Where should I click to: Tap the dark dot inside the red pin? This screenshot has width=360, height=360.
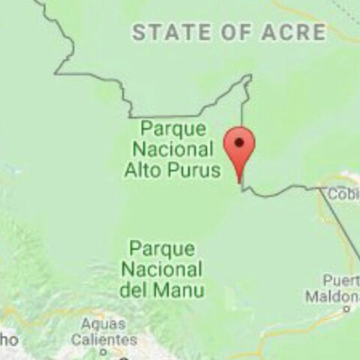pos(239,141)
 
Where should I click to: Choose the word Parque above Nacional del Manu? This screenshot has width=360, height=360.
pos(162,248)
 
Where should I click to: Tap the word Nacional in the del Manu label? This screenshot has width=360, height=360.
pos(162,268)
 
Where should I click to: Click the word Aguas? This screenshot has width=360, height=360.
pos(103,324)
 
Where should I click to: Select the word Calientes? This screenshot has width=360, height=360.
pos(103,339)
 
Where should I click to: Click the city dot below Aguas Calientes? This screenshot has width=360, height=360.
pos(103,351)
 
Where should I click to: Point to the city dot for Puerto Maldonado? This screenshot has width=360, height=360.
pos(346,308)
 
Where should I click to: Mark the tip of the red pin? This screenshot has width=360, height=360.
pos(240,182)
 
